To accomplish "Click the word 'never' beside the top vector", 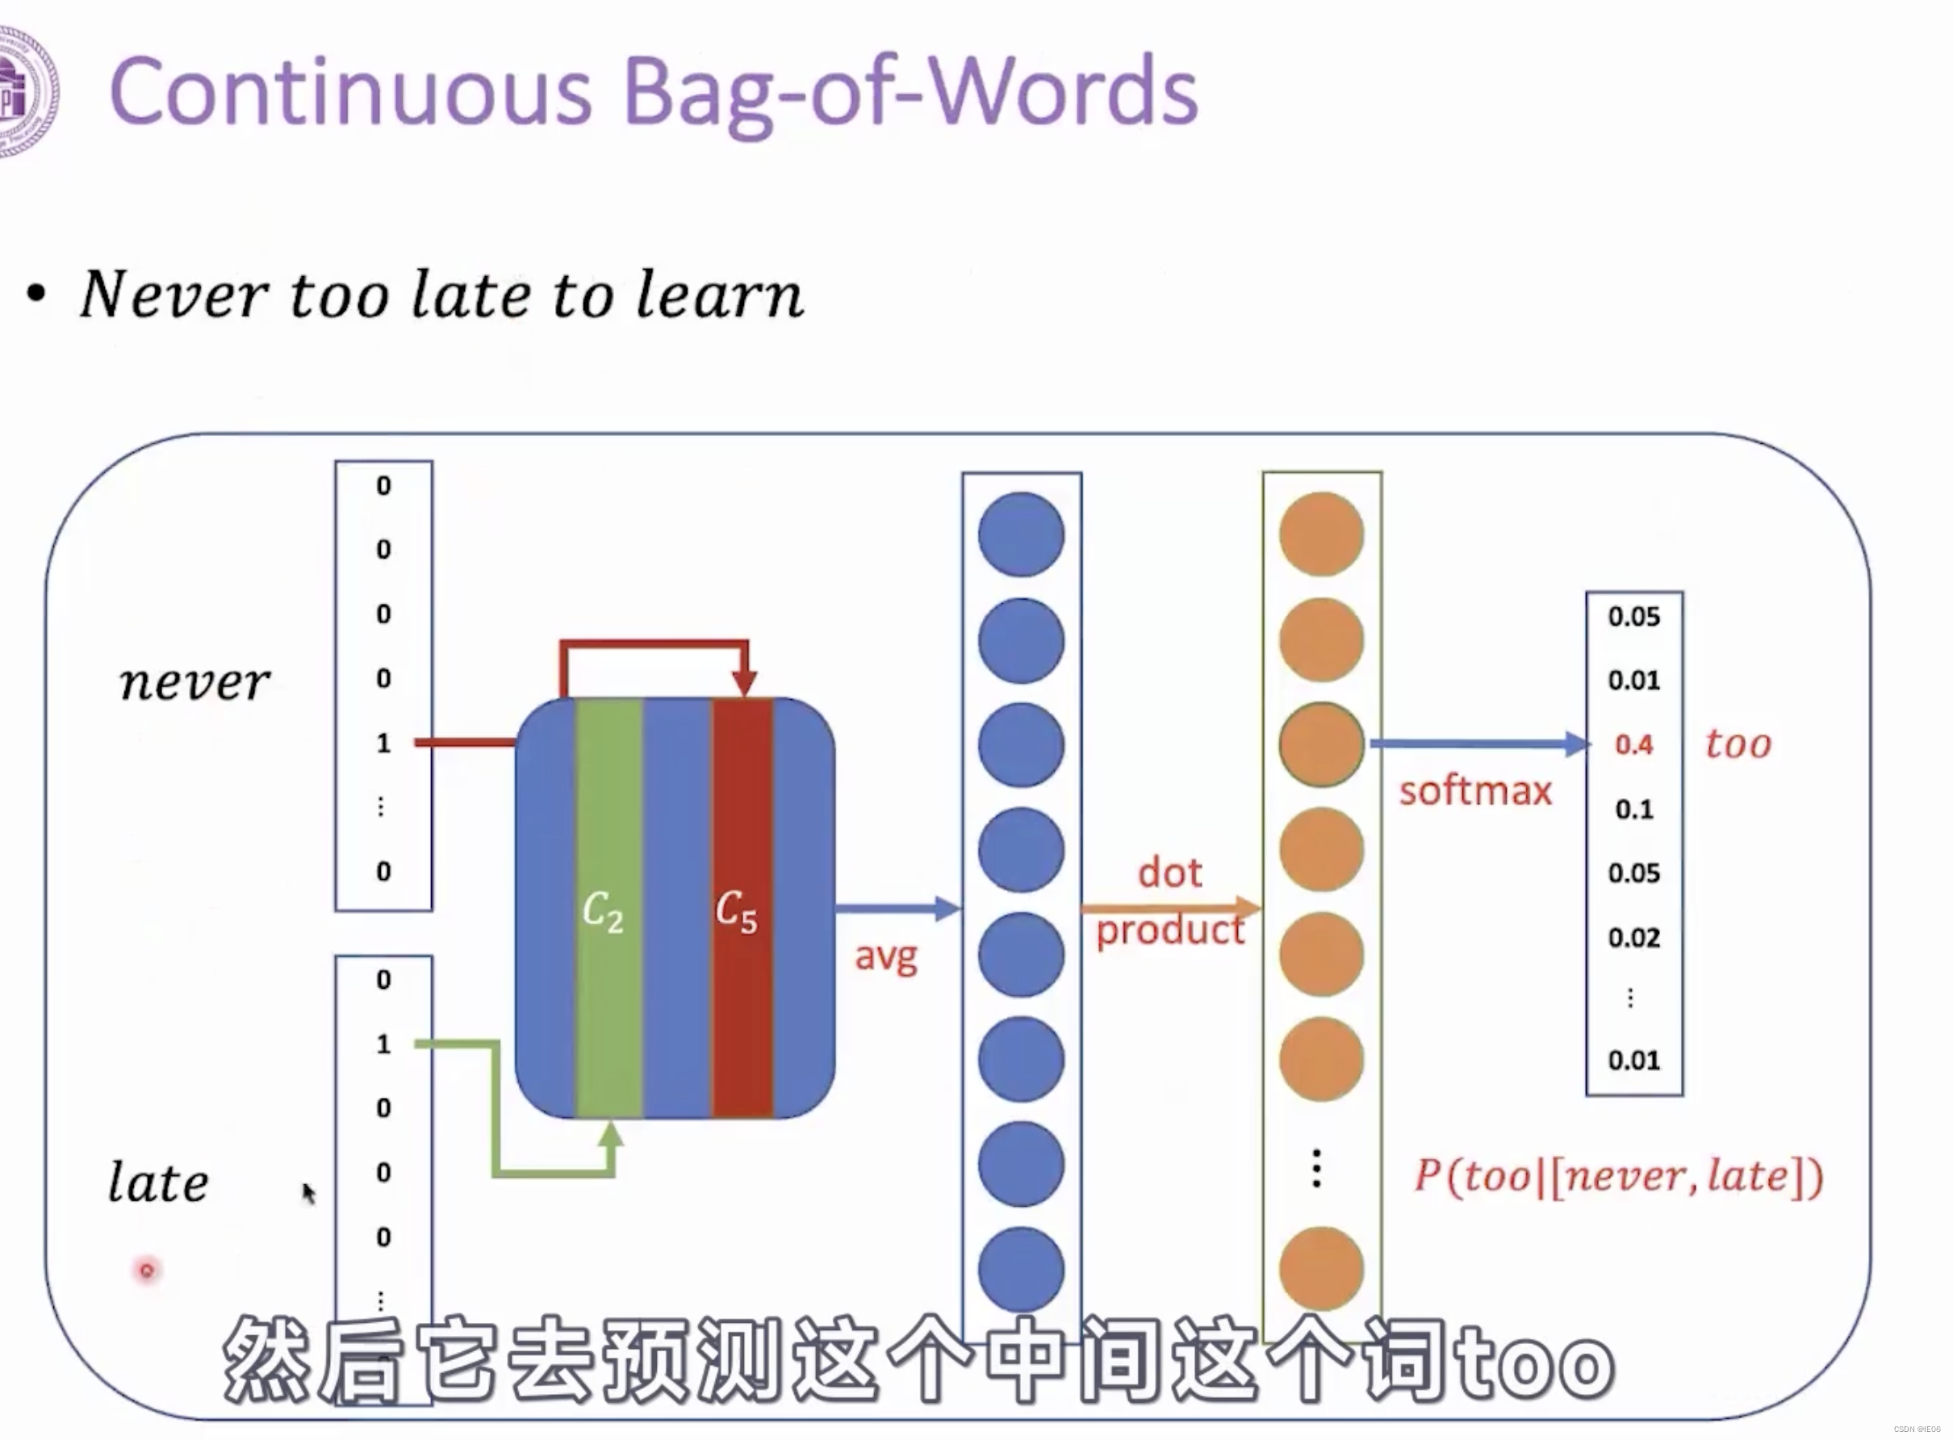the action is (194, 683).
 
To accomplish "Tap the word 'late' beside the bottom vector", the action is (159, 1183).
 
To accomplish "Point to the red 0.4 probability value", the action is (1633, 745).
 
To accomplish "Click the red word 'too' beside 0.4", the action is (1738, 744).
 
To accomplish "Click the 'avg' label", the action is (885, 957).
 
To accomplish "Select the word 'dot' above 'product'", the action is (1169, 873).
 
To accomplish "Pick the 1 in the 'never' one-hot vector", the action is (383, 743).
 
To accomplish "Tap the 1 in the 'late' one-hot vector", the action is (383, 1044).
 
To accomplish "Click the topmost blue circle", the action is (1021, 534).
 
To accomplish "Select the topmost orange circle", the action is (1321, 534).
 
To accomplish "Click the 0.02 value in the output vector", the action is (1634, 938).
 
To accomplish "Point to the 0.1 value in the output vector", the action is (1634, 810).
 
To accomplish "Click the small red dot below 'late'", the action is (146, 1270).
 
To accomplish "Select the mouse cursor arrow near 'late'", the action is (308, 1192).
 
